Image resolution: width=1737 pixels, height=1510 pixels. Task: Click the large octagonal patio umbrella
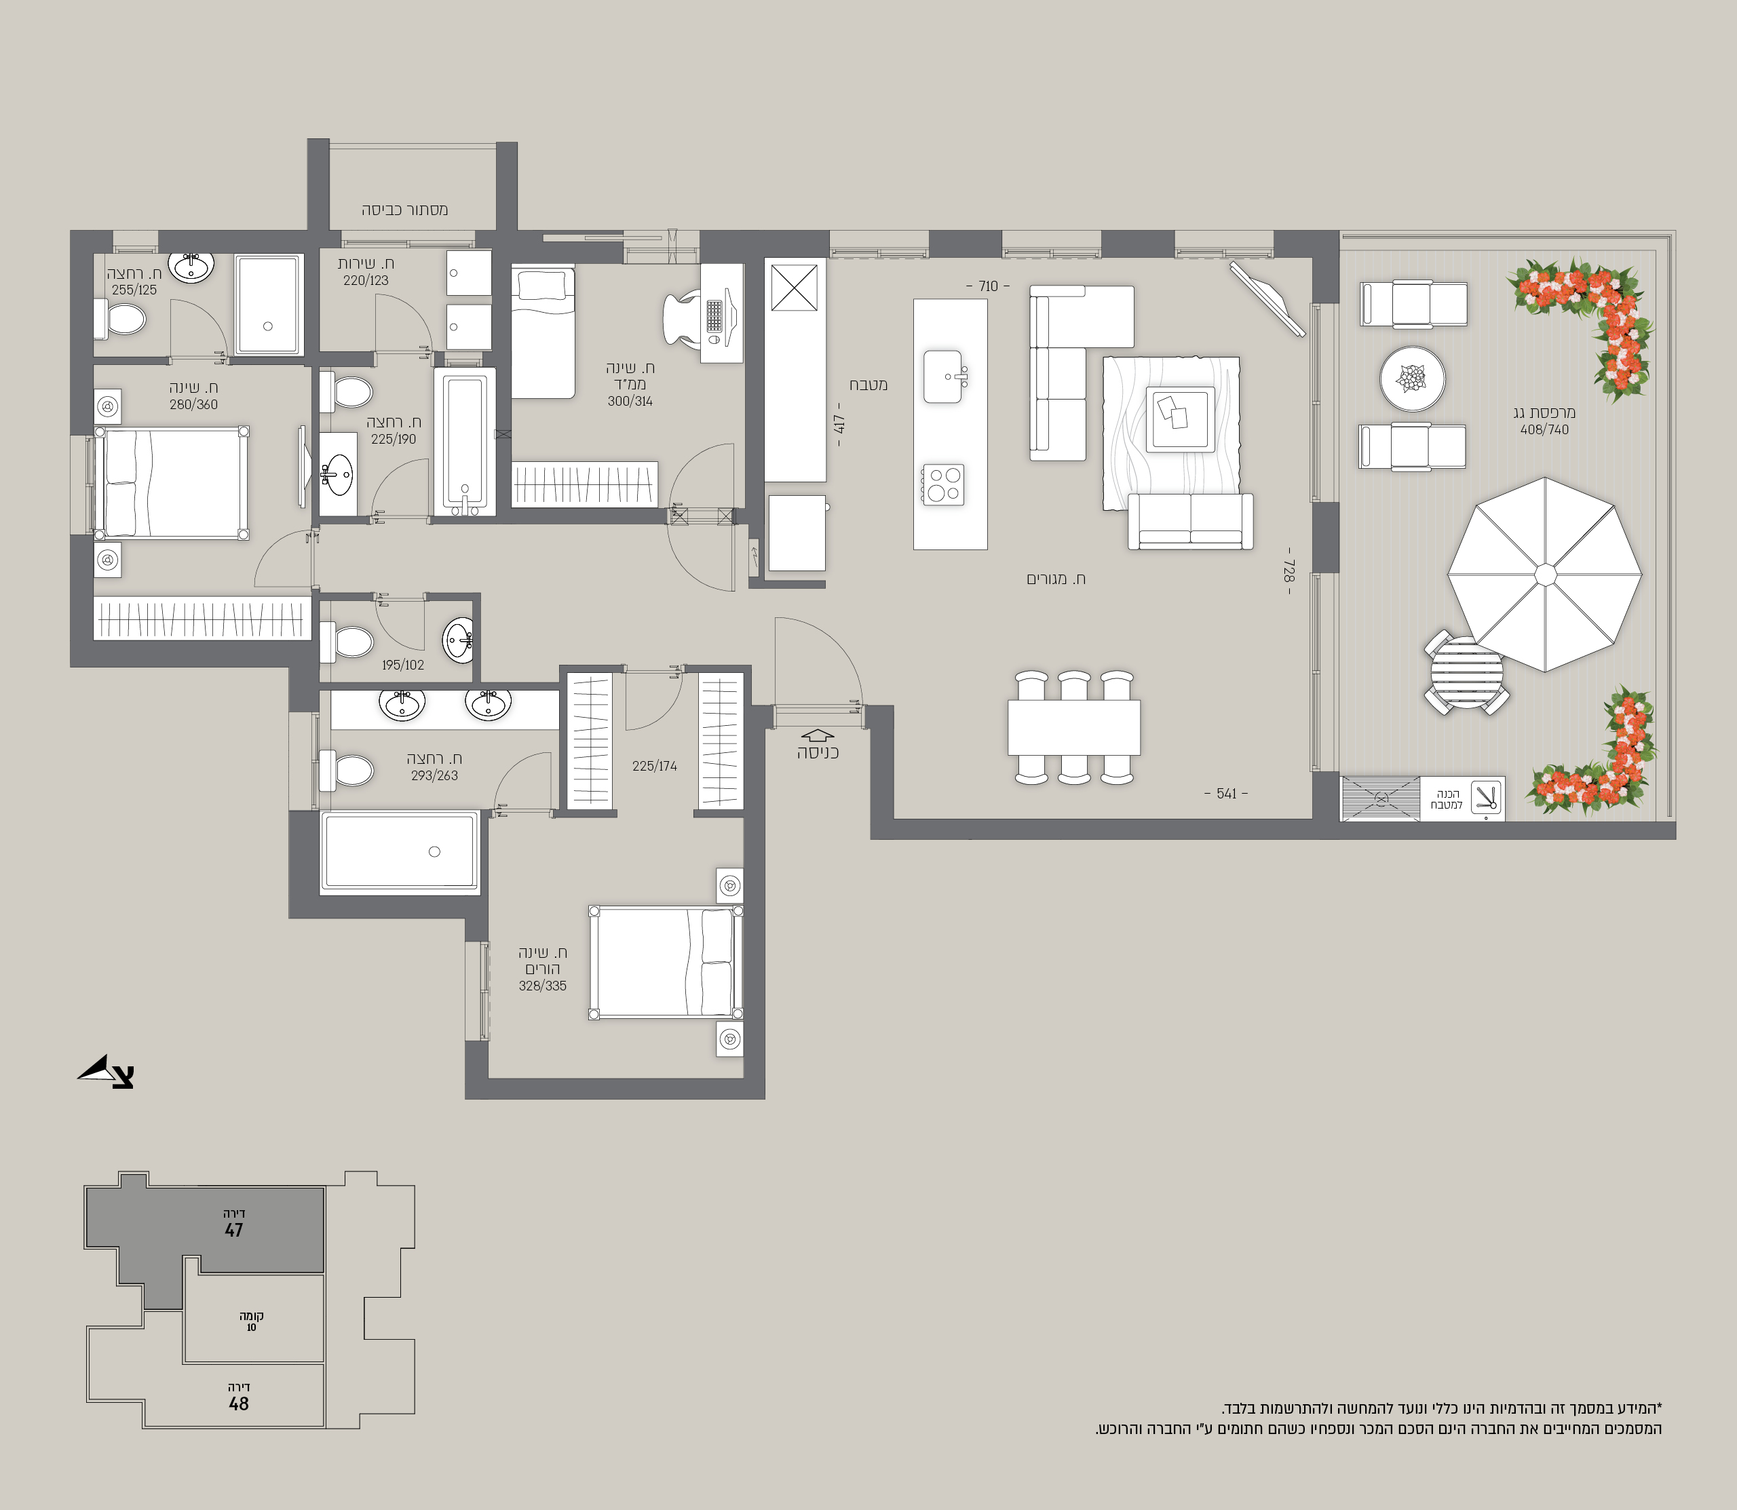tap(1545, 575)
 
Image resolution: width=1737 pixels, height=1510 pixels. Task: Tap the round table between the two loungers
tap(1413, 379)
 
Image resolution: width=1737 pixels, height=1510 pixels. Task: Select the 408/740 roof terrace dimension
tap(1544, 430)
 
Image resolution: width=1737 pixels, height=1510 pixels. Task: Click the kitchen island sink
tap(943, 376)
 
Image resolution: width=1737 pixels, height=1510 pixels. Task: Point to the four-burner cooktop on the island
tap(943, 484)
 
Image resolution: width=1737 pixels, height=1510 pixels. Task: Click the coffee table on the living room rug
tap(1180, 419)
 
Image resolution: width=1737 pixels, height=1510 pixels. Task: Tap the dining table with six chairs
tap(1073, 727)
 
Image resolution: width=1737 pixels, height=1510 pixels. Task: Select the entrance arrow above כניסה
tap(817, 735)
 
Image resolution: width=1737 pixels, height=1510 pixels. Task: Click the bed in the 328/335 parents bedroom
tap(666, 963)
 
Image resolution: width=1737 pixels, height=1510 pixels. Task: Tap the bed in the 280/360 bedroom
tap(171, 483)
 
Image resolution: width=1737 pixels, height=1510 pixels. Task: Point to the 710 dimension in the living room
tap(988, 286)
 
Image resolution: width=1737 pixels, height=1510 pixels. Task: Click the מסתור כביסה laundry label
tap(404, 210)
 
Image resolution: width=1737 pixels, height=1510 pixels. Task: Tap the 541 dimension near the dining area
tap(1226, 794)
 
